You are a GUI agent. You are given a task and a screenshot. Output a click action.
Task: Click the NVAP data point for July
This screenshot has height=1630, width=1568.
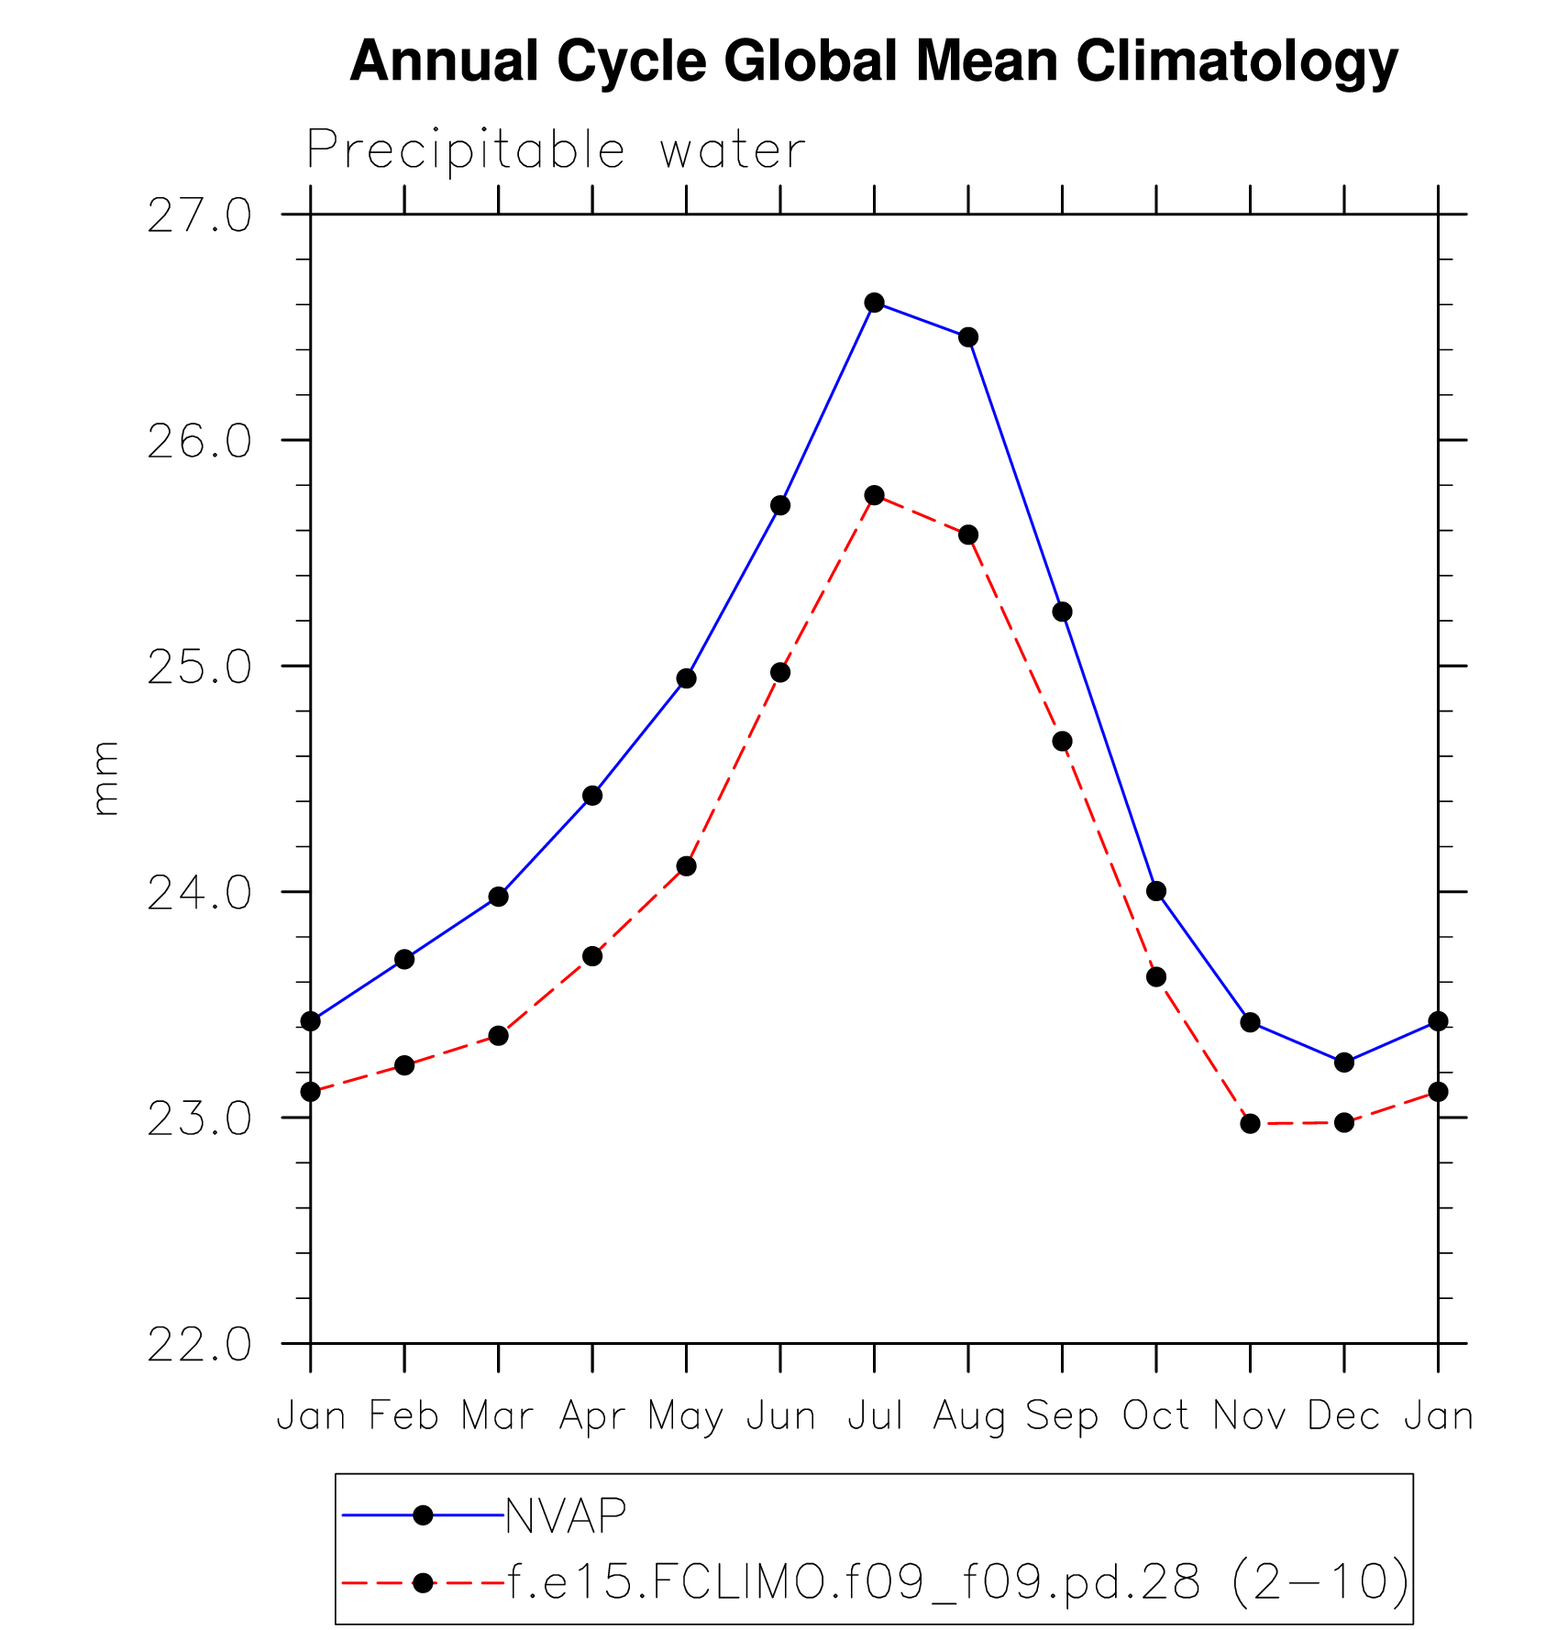pos(874,303)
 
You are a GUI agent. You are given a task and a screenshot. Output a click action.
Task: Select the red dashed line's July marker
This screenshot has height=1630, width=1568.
pos(874,495)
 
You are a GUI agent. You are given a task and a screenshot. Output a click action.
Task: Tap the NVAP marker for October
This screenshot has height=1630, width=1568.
pos(1156,891)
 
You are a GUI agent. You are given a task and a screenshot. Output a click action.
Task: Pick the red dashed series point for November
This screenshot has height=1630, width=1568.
pos(1250,1124)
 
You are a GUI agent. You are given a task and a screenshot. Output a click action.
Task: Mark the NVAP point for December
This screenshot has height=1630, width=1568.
pos(1344,1063)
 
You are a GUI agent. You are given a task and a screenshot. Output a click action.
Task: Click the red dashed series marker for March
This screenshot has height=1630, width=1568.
pos(498,1036)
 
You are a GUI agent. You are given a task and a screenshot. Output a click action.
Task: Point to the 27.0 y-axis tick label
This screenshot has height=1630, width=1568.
pos(199,216)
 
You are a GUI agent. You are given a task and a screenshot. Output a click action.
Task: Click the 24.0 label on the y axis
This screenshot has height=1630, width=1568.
pos(199,893)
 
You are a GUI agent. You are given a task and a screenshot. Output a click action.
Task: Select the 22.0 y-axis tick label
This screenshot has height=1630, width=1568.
pos(199,1345)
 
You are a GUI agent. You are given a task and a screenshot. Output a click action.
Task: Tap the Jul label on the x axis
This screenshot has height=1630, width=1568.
pos(875,1415)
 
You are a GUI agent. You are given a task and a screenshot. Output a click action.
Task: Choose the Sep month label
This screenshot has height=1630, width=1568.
pos(1062,1417)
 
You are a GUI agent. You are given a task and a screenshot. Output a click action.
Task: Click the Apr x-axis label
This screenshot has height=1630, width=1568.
pos(592,1417)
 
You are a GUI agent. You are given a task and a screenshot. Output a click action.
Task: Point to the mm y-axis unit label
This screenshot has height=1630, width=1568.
pos(106,778)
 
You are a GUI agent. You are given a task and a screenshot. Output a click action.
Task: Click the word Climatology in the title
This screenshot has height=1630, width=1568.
pos(1236,62)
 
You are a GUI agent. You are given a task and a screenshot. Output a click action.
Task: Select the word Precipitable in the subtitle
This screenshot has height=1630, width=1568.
pos(466,150)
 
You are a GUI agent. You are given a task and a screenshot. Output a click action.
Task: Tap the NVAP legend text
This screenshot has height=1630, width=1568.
pos(566,1516)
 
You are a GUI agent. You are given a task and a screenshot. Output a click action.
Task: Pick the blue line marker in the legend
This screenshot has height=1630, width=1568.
pos(423,1515)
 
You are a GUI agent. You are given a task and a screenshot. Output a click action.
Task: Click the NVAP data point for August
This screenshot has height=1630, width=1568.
pos(968,337)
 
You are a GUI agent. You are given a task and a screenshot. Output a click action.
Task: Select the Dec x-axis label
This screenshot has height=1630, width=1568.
pos(1343,1415)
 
